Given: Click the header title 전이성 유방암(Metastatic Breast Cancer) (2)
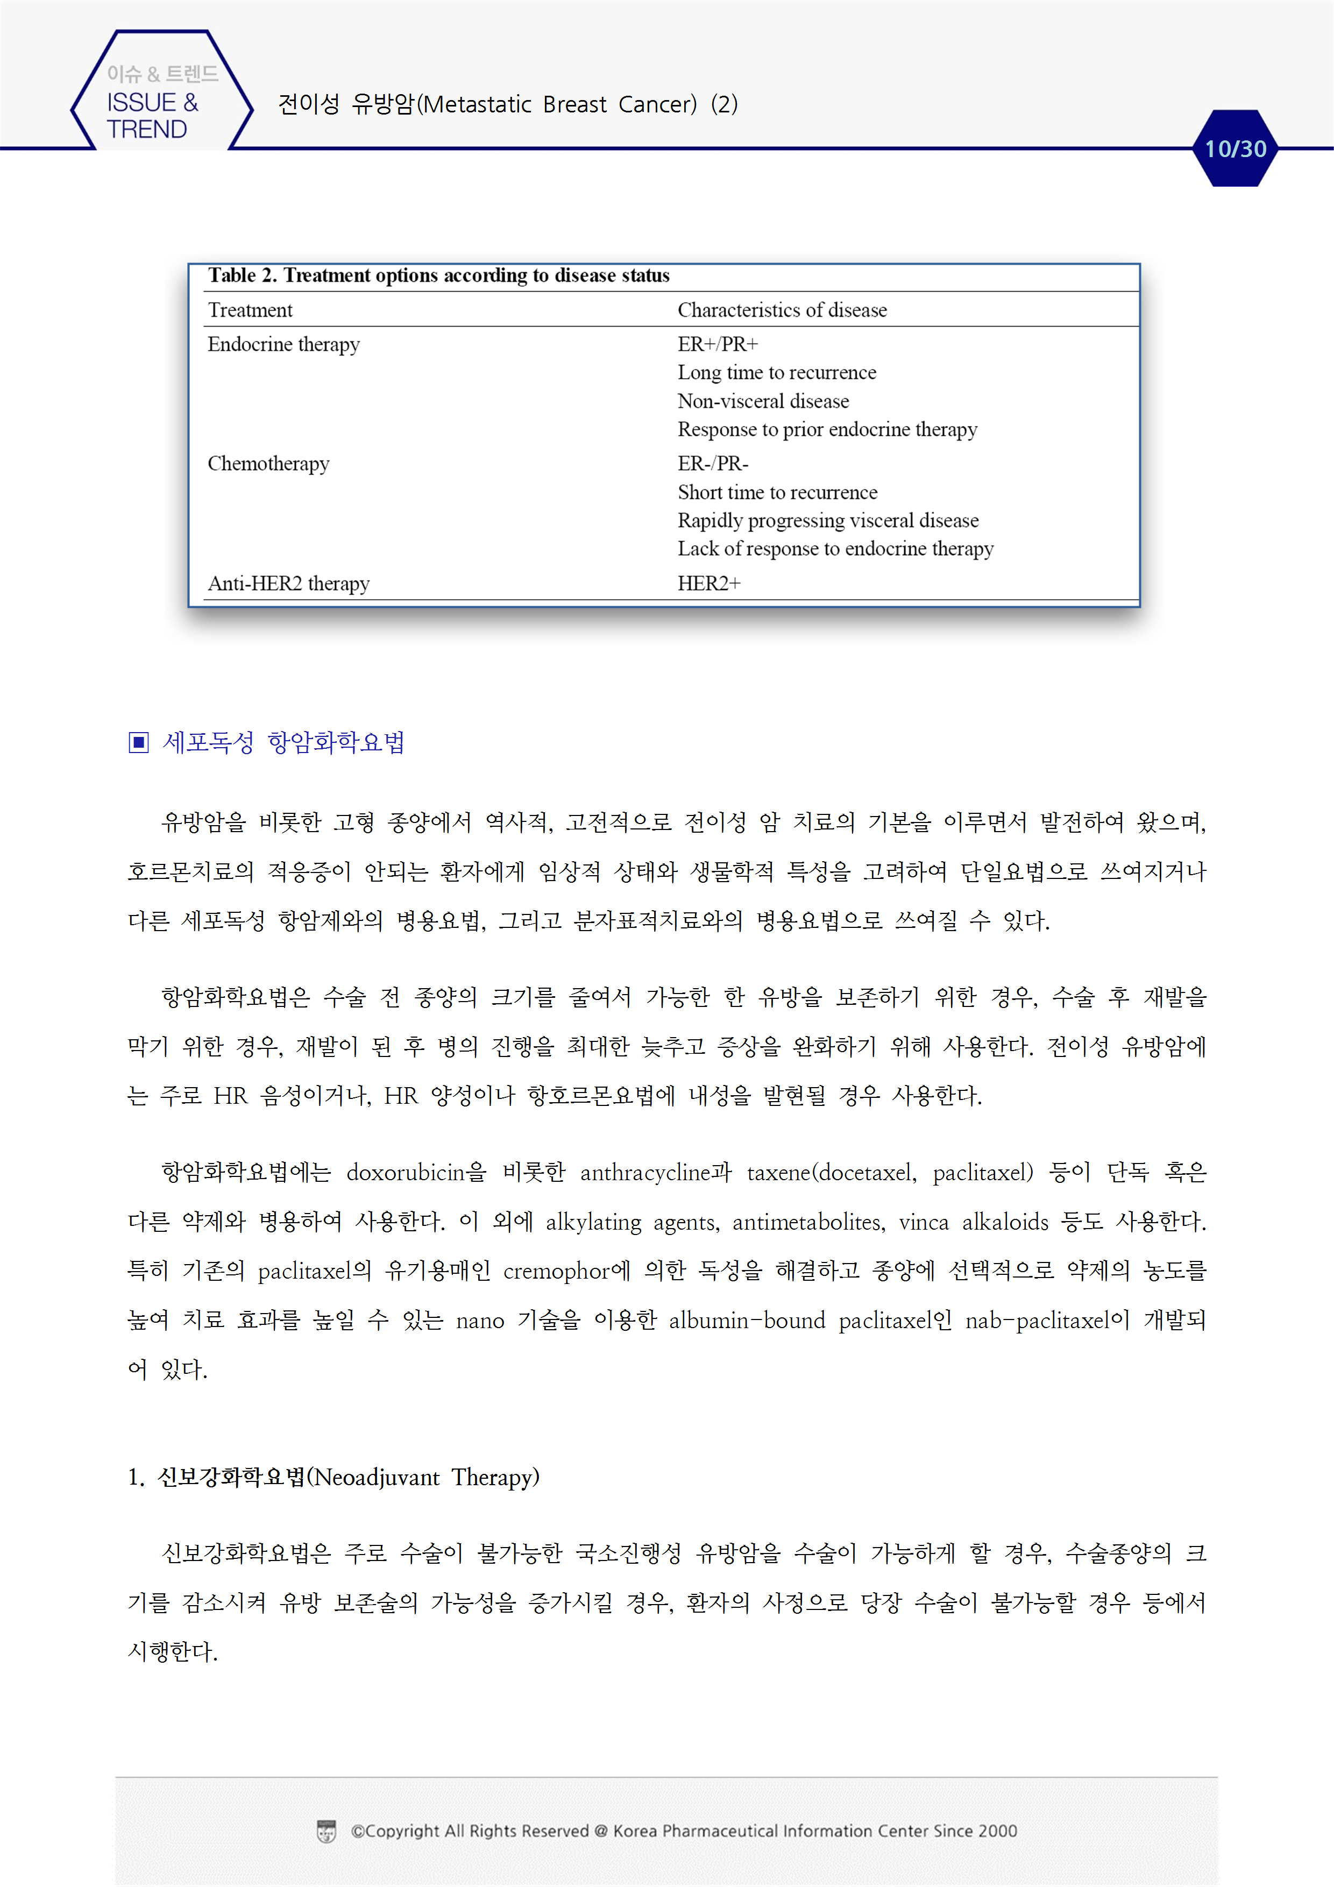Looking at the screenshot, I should (x=507, y=104).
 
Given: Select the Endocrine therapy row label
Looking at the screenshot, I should (x=283, y=344).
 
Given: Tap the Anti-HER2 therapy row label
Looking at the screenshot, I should (x=288, y=584).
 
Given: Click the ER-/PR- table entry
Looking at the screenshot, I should (x=713, y=464).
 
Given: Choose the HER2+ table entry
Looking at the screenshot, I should (x=708, y=584).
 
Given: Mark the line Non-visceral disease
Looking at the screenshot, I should (x=763, y=401).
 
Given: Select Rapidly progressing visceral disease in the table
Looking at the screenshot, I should (x=828, y=520).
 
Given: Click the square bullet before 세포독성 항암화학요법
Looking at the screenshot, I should (x=139, y=743).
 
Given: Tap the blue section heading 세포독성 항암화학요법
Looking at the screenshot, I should (x=283, y=743).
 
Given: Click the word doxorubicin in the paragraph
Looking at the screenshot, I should (x=405, y=1173).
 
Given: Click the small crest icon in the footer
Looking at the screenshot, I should (x=327, y=1831).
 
